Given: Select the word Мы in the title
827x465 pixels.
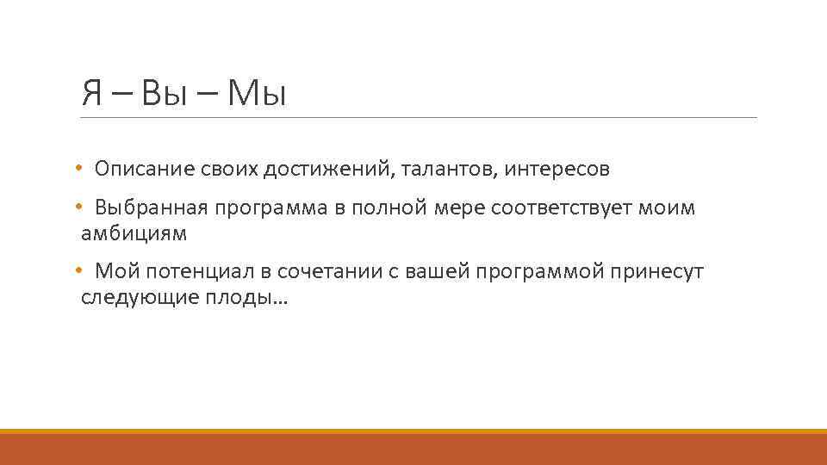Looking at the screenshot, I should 257,92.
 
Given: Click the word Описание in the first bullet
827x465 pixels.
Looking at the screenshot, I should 139,169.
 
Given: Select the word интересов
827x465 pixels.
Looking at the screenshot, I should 557,169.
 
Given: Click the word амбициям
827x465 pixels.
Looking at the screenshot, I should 134,232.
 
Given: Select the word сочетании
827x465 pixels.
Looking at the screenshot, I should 328,272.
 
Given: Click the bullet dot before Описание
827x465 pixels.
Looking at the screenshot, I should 78,169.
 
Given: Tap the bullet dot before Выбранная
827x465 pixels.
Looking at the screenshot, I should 78,208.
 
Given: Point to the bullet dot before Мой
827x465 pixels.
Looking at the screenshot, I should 78,272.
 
